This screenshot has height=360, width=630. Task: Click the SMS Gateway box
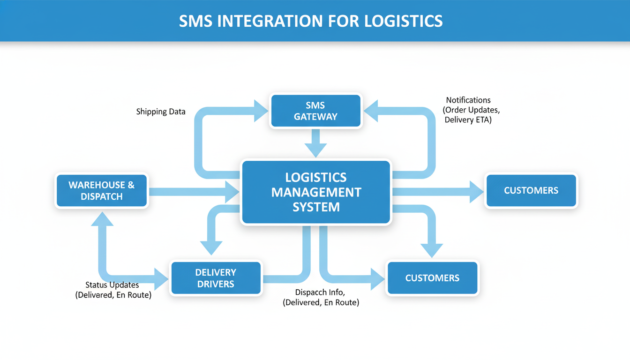point(315,111)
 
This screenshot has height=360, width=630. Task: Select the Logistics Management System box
point(316,192)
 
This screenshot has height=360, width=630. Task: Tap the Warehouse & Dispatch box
point(102,191)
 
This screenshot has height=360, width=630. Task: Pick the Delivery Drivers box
point(216,278)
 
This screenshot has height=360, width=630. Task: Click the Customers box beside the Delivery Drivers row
point(432,278)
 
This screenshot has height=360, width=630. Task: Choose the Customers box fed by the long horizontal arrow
point(531,190)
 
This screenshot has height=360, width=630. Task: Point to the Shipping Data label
point(161,112)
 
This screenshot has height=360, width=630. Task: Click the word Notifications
point(468,100)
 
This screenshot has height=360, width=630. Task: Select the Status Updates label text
point(112,285)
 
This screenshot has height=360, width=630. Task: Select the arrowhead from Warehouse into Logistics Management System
point(232,192)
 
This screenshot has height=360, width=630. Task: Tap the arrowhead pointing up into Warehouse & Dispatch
point(102,217)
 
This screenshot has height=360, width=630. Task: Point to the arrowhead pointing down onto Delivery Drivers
point(211,247)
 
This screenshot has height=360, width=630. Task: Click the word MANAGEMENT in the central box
point(316,192)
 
